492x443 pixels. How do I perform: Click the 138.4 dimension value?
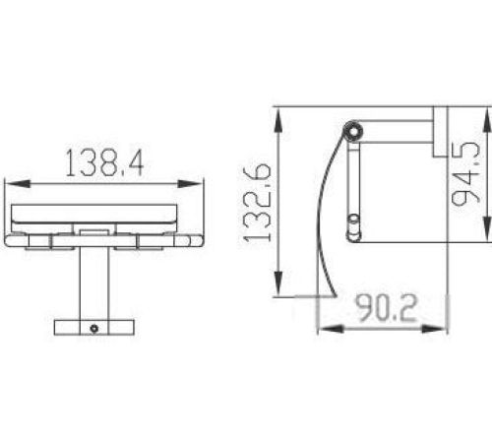pos(104,162)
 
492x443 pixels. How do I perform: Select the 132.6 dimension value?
pos(258,204)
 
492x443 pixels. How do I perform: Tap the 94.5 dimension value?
pos(465,173)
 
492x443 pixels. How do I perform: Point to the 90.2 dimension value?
pos(387,308)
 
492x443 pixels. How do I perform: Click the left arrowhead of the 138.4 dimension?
pos(18,184)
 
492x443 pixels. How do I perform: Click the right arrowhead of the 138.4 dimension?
pos(190,184)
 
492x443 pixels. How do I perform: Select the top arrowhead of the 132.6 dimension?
pos(278,121)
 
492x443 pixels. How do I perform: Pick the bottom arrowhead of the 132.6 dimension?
pos(278,283)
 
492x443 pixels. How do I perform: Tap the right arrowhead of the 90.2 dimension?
pos(434,329)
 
